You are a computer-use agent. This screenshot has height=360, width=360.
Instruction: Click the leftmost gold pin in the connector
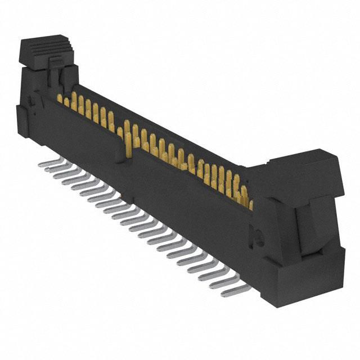60,98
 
